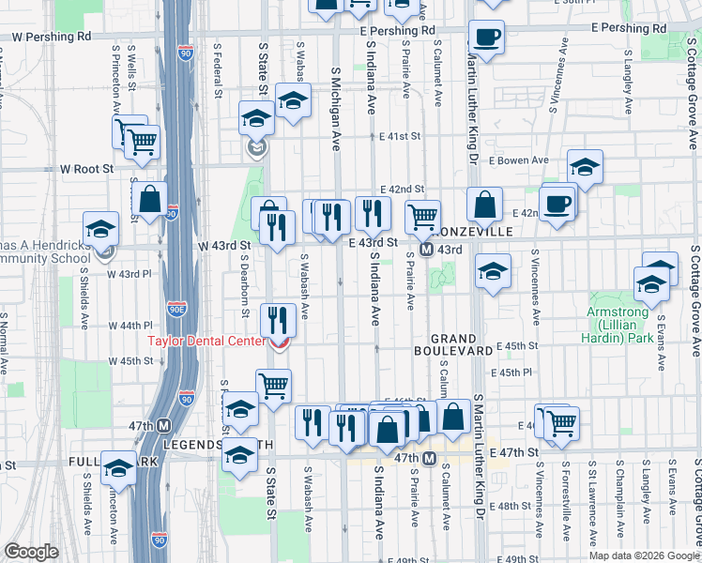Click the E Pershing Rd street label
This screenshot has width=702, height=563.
pyautogui.click(x=398, y=31)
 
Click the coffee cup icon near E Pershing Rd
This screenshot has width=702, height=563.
pyautogui.click(x=487, y=38)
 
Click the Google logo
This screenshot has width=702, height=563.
pyautogui.click(x=31, y=552)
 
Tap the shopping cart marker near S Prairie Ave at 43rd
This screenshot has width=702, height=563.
pyautogui.click(x=423, y=217)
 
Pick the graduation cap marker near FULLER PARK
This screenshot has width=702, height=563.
pyautogui.click(x=118, y=466)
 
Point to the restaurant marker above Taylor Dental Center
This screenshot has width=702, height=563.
pyautogui.click(x=279, y=319)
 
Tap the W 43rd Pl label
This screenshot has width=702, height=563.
pyautogui.click(x=129, y=274)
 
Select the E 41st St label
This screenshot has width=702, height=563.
pyautogui.click(x=400, y=137)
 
